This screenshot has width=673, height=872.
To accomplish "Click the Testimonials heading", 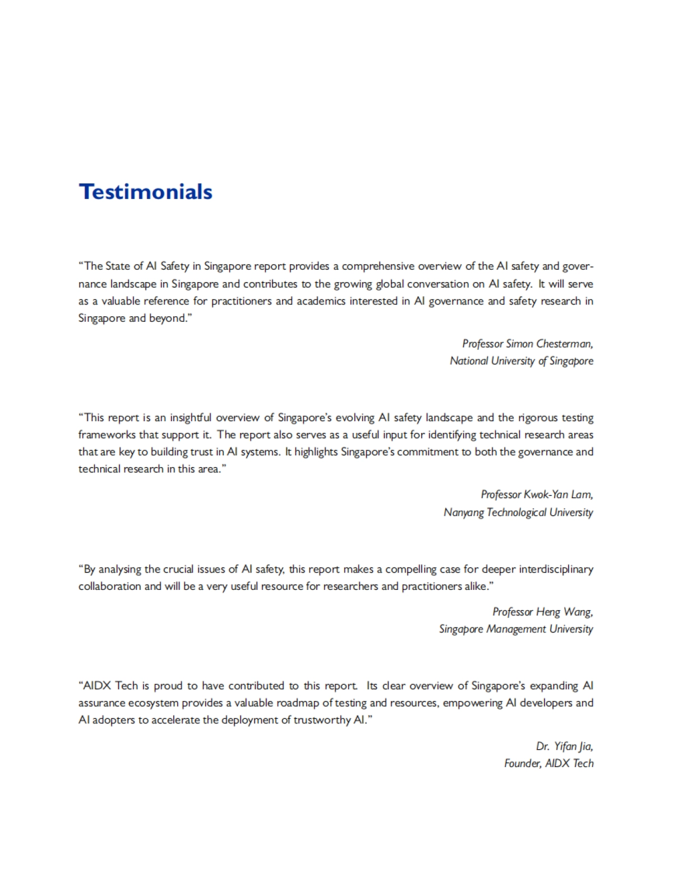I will (146, 192).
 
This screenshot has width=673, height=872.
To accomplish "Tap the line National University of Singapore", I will (521, 361).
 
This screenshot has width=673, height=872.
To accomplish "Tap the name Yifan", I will (565, 746).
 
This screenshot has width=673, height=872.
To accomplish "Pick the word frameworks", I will (102, 435).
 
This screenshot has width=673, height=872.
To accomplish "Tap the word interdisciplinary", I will (556, 569).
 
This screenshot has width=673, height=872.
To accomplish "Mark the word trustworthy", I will (324, 720).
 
